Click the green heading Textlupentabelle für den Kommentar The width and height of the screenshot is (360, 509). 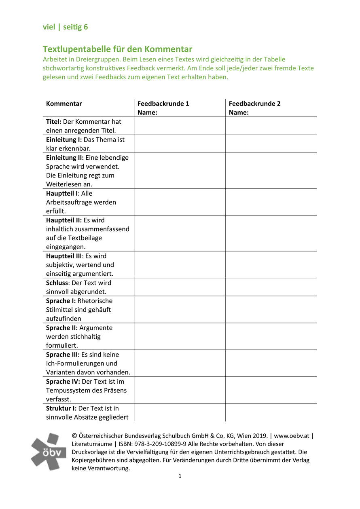[117, 49]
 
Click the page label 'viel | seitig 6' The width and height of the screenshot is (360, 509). [65, 27]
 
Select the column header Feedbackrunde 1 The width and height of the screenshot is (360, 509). [163, 103]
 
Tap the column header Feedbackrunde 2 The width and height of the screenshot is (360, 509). [254, 103]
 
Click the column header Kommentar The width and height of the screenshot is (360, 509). [64, 103]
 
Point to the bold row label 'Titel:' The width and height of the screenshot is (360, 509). [54, 122]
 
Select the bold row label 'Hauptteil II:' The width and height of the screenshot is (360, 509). [64, 220]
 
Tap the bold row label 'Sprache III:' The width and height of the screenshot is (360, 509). [63, 355]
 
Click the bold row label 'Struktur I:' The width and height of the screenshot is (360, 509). [61, 408]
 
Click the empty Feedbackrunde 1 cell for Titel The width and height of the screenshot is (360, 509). [180, 126]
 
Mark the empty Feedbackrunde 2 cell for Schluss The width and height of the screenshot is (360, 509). [271, 287]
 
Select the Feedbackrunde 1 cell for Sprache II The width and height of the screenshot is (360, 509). [180, 336]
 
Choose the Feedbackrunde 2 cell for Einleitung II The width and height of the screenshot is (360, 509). [271, 171]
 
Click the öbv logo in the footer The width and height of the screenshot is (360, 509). [49, 451]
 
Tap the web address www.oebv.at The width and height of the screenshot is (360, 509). [292, 436]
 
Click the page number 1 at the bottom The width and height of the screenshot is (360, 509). [180, 476]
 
